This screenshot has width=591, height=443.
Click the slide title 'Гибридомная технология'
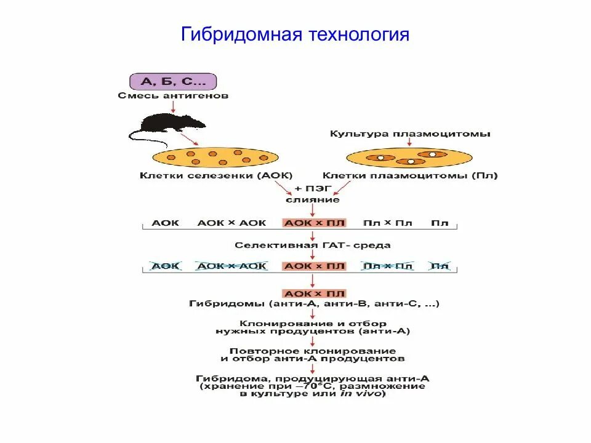(x=295, y=34)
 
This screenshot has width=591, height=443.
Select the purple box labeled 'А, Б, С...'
(x=173, y=81)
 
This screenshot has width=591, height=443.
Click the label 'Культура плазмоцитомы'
(x=411, y=134)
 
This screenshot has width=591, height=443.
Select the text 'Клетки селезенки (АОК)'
(x=216, y=175)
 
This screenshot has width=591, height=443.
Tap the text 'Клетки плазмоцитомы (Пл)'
(x=411, y=175)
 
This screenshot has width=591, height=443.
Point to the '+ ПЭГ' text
(x=312, y=189)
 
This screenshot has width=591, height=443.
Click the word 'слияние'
(x=312, y=199)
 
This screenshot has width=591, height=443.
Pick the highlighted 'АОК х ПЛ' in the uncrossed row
(x=314, y=223)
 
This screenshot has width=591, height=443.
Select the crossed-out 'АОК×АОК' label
(x=231, y=266)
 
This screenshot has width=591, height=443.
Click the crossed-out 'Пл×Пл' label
(x=387, y=266)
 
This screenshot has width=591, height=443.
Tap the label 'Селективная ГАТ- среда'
(x=313, y=245)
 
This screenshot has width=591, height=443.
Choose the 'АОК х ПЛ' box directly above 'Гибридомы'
(x=314, y=293)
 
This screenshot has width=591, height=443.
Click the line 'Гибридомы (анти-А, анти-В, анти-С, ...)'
(x=314, y=304)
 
